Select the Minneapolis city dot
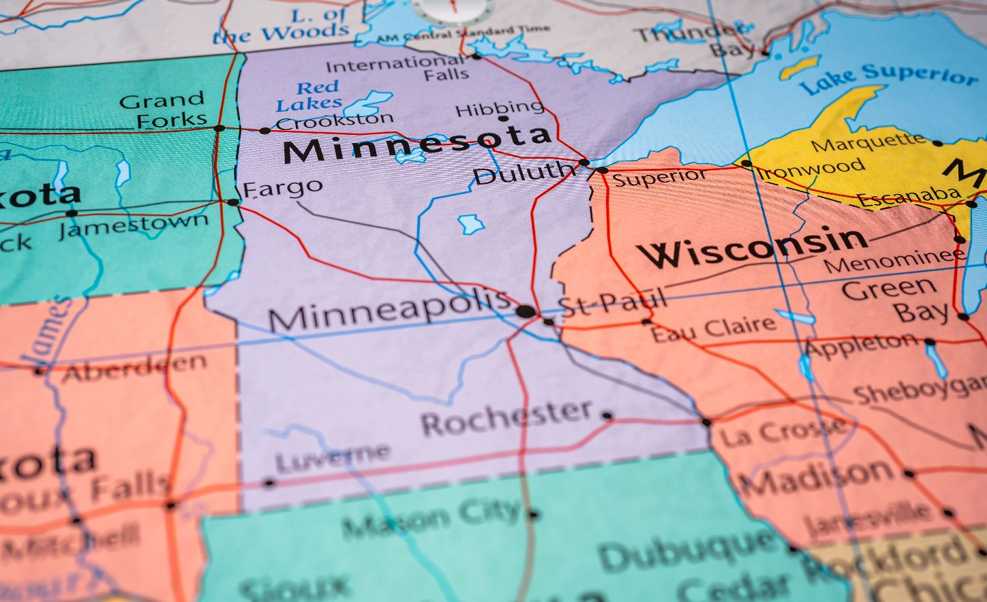tap(526, 312)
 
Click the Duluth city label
tap(523, 172)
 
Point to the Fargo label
tap(282, 187)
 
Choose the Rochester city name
tap(507, 417)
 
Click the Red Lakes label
tap(309, 95)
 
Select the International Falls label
tap(398, 68)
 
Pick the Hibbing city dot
tap(503, 118)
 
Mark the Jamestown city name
tap(134, 224)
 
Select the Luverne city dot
tap(269, 483)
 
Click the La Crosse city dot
tap(706, 422)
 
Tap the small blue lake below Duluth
tap(470, 223)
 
